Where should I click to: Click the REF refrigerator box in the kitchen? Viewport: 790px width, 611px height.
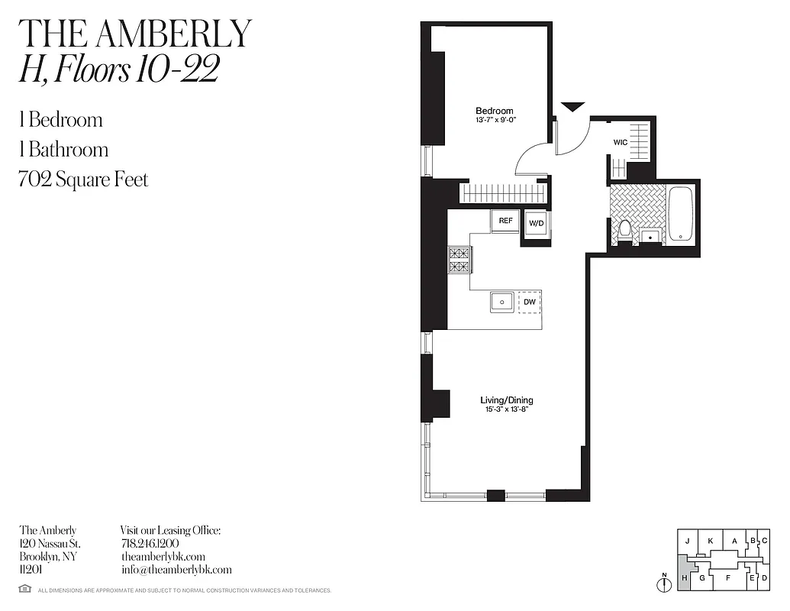tap(505, 221)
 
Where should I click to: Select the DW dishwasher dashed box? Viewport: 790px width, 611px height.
tap(529, 302)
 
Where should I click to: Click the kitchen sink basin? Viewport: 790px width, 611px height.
tap(502, 302)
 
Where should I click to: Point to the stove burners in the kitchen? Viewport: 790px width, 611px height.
tap(459, 260)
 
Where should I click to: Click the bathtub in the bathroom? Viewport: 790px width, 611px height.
tap(679, 214)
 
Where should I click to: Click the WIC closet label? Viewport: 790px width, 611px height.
tap(621, 143)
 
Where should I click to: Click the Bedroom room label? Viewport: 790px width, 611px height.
tap(495, 111)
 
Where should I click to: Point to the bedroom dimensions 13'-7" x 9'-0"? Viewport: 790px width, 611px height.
tap(495, 120)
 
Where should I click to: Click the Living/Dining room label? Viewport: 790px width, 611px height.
tap(506, 399)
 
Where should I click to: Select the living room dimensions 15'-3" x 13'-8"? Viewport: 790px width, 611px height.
tap(506, 409)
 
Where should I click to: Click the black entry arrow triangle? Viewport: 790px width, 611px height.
tap(572, 107)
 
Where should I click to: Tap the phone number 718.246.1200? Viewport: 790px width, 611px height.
tap(150, 543)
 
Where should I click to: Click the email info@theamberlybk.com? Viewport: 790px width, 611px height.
tap(176, 570)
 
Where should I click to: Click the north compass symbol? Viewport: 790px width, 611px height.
tap(664, 584)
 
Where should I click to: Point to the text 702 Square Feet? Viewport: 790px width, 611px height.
tap(83, 179)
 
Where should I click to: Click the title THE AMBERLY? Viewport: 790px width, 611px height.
tap(135, 33)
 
